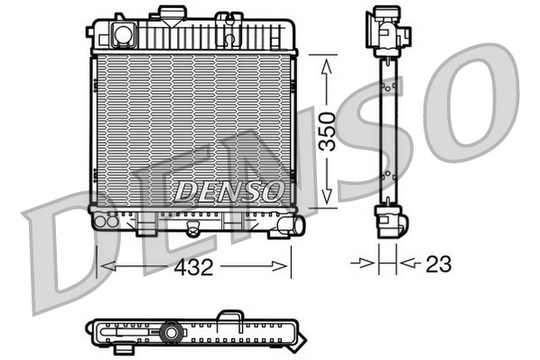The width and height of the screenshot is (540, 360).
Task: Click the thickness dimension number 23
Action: [x=437, y=264]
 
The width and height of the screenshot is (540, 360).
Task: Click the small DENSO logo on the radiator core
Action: [x=227, y=190]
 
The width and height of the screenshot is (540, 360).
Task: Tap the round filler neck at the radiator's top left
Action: [x=121, y=34]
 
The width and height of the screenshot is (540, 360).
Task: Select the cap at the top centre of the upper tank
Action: [x=168, y=13]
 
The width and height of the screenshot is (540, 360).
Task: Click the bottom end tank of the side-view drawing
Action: [x=387, y=220]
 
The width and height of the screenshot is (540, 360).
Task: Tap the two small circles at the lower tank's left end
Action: [x=107, y=218]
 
